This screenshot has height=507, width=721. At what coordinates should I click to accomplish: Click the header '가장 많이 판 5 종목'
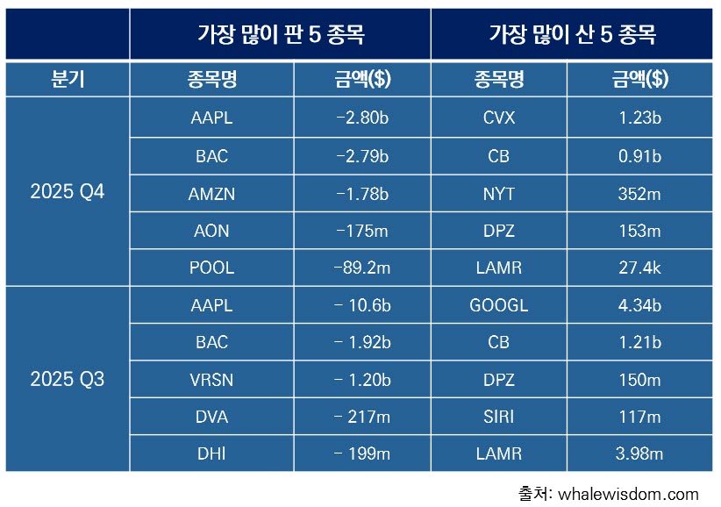pyautogui.click(x=280, y=35)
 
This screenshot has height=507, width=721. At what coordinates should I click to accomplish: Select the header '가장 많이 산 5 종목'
pyautogui.click(x=572, y=35)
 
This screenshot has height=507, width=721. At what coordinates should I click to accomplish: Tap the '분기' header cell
pyautogui.click(x=67, y=80)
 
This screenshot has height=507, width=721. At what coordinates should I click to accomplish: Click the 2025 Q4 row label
pyautogui.click(x=67, y=191)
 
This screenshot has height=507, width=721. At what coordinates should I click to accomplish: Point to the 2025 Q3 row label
pyautogui.click(x=67, y=379)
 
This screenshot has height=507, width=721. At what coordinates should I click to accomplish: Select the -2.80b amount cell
pyautogui.click(x=362, y=118)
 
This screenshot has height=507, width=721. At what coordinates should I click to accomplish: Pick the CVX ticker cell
pyautogui.click(x=498, y=118)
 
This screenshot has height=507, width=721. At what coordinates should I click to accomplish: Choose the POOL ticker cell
pyautogui.click(x=211, y=268)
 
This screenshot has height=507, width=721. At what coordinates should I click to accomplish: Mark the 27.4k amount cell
pyautogui.click(x=639, y=268)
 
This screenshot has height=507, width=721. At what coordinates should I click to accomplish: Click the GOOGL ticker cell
pyautogui.click(x=498, y=304)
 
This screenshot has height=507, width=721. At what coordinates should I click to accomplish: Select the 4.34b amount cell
pyautogui.click(x=639, y=304)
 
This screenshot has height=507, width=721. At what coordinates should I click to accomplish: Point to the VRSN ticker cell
pyautogui.click(x=211, y=379)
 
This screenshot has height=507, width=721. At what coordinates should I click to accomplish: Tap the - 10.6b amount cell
pyautogui.click(x=362, y=304)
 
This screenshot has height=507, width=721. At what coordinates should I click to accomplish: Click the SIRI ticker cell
pyautogui.click(x=498, y=417)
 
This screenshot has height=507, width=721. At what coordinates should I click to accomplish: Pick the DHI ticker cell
pyautogui.click(x=211, y=453)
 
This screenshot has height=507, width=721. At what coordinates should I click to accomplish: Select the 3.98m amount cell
pyautogui.click(x=639, y=453)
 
